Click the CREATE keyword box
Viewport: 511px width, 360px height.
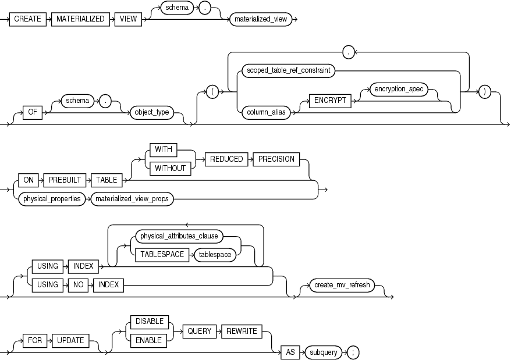click(28, 19)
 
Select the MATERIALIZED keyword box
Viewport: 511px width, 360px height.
click(80, 19)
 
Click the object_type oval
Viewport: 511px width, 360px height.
click(152, 113)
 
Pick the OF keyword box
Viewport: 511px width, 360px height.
click(30, 113)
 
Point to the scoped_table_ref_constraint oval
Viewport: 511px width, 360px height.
click(289, 70)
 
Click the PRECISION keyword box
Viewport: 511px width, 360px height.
click(276, 159)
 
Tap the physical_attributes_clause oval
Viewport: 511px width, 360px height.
click(179, 236)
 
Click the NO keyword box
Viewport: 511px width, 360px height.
click(76, 284)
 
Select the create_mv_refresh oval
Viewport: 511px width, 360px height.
click(342, 285)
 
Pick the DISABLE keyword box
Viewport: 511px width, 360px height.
click(150, 322)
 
